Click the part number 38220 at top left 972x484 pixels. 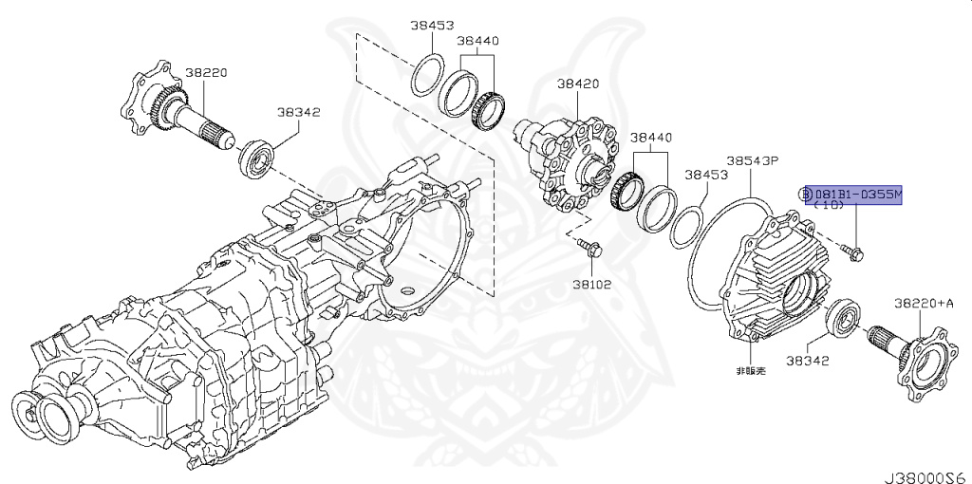204,71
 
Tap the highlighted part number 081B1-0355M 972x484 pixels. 854,195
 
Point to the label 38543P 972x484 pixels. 752,161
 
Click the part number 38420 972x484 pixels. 577,84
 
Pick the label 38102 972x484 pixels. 591,284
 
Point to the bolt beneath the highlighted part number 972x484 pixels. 852,251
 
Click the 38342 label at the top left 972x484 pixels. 298,112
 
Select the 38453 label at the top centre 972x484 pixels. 433,26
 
